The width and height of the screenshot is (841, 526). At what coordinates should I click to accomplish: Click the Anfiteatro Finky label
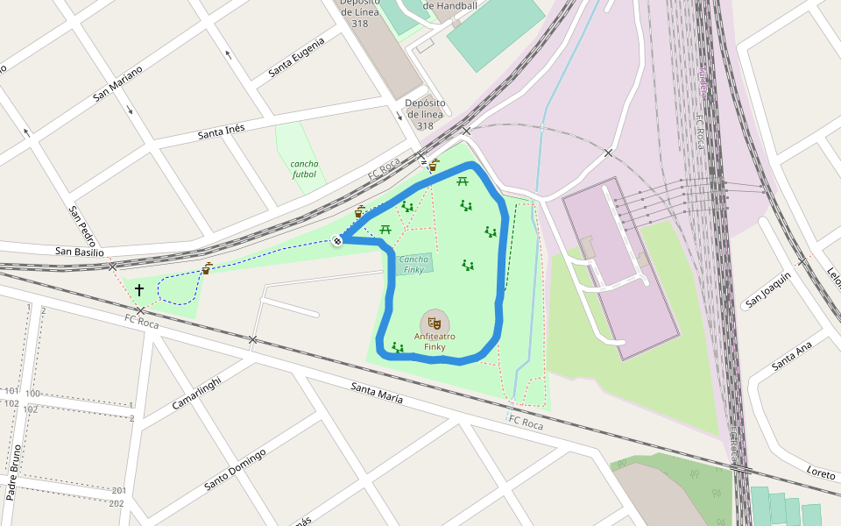click(435, 341)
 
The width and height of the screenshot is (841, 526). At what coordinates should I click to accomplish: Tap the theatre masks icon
click(435, 322)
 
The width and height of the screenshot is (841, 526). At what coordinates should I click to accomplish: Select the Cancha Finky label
click(414, 264)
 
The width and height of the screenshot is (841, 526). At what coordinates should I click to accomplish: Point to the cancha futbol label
click(305, 168)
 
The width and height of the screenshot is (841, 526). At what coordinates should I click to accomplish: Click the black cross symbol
click(138, 288)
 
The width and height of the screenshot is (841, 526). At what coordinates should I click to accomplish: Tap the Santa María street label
click(377, 392)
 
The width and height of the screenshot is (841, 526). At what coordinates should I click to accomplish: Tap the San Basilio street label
click(79, 252)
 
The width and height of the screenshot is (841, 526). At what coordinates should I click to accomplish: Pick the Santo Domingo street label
click(234, 470)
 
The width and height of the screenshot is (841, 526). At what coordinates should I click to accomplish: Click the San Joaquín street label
click(768, 290)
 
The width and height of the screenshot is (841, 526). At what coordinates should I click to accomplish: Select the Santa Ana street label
click(792, 354)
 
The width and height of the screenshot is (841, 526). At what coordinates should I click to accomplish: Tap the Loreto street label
click(821, 473)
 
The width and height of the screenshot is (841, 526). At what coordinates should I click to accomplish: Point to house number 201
click(119, 490)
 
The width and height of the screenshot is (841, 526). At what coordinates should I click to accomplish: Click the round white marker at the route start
click(337, 241)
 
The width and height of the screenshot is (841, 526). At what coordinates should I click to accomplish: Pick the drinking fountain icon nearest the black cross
click(207, 268)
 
